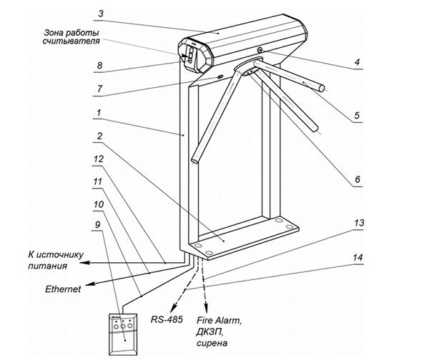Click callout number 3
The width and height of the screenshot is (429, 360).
(101, 13)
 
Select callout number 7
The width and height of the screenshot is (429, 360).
(100, 89)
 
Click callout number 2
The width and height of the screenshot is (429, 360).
(101, 136)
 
